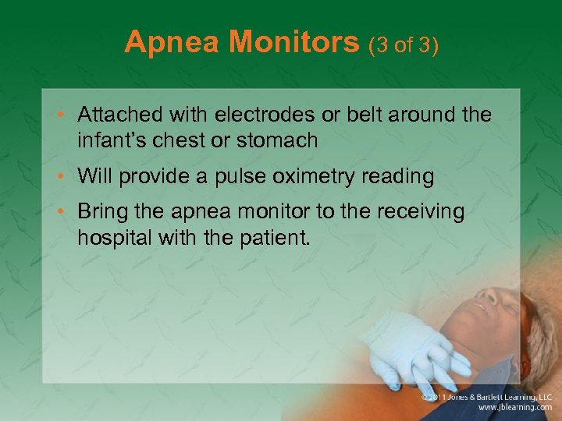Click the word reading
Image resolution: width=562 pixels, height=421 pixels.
point(397,178)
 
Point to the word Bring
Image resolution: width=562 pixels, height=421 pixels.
point(100,212)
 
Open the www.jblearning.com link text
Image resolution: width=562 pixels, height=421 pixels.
point(514,407)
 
